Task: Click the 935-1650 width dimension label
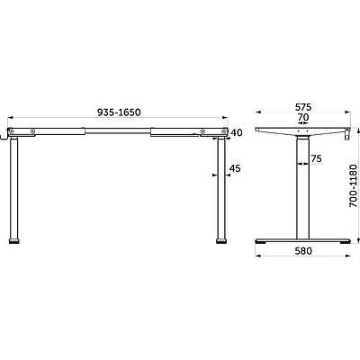(119, 112)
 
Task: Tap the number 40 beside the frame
(237, 132)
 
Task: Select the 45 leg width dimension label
(235, 168)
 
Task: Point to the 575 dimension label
(303, 107)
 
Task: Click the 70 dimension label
(303, 117)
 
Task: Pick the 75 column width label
(316, 158)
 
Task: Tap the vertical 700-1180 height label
(354, 185)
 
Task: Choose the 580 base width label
(303, 251)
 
